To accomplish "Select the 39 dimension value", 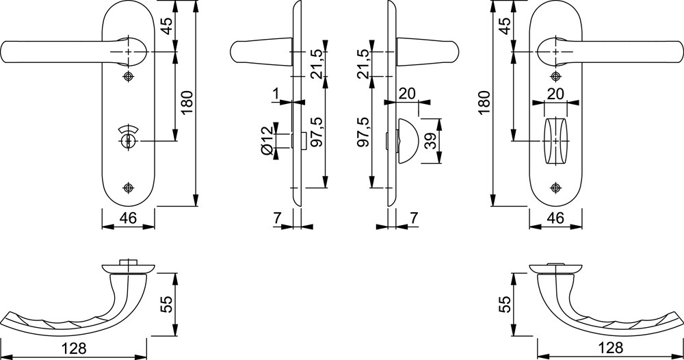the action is click(430, 142).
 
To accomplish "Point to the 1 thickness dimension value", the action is click(275, 93).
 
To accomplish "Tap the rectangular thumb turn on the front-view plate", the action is click(555, 140).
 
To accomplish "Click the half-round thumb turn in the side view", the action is click(408, 140).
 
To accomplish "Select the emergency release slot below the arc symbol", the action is click(128, 141).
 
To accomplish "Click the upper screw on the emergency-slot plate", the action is click(128, 77).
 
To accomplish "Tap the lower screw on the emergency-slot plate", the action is click(128, 188).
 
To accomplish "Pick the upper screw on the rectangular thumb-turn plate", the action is click(555, 77).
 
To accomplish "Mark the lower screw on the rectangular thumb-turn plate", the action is click(555, 188).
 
